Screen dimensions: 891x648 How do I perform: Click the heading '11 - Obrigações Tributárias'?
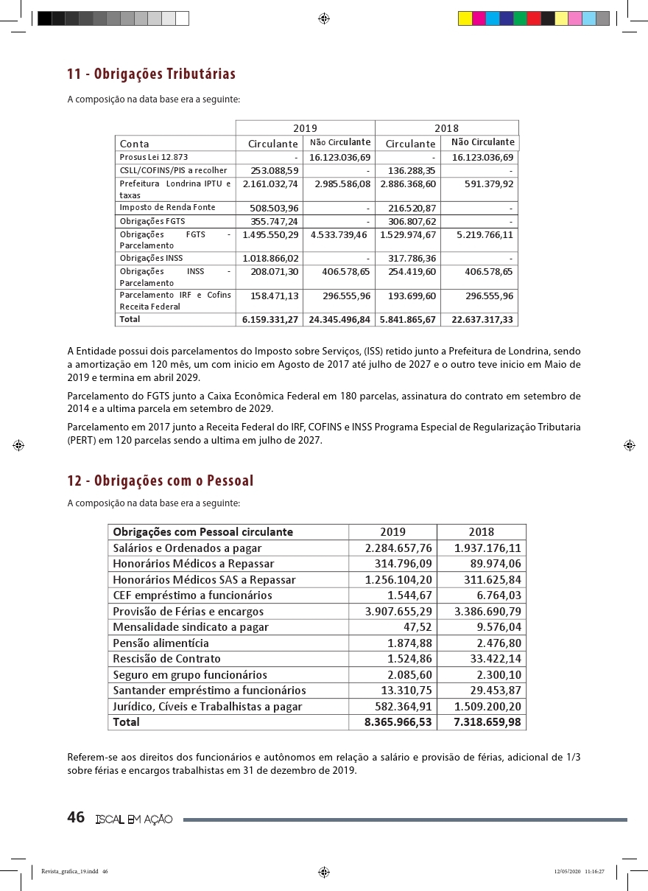point(151,74)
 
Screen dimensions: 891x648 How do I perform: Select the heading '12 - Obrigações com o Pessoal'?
point(160,481)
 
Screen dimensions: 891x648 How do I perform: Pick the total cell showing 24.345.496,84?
point(338,320)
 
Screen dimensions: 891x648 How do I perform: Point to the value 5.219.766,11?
point(485,235)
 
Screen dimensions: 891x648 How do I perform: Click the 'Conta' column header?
point(135,144)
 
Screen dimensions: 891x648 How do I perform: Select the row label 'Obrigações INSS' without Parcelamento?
point(151,259)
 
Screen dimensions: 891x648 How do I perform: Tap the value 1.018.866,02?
point(270,259)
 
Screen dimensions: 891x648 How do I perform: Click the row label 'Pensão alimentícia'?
point(161,643)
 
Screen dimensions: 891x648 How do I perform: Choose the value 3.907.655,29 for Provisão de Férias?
point(398,612)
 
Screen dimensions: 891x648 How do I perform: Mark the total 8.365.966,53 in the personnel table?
point(398,722)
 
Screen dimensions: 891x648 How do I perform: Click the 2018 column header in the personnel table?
point(481,532)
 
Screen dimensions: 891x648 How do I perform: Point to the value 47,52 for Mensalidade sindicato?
point(417,627)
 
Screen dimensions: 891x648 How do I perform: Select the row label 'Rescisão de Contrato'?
point(166,659)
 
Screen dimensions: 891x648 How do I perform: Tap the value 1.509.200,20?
point(487,707)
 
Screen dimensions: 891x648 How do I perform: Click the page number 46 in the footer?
point(76,817)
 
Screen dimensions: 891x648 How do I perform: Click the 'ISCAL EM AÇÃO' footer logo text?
point(134,820)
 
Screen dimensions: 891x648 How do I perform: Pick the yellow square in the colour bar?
point(465,19)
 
